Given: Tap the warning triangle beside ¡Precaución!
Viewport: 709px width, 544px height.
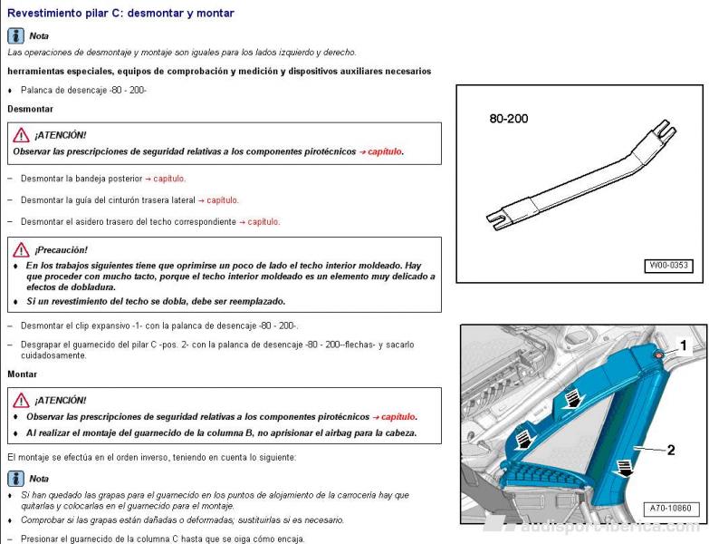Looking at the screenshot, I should point(21,249).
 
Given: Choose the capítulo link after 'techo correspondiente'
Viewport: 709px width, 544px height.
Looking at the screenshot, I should point(263,221).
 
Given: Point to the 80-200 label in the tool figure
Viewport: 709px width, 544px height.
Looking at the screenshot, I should point(508,119).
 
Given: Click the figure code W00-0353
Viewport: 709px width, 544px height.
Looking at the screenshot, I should point(667,266).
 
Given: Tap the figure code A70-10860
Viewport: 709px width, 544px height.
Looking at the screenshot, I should point(669,509).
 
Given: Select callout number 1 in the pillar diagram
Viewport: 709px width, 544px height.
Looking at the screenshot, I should point(684,345).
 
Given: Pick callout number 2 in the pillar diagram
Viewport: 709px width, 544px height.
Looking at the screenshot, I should point(671,450).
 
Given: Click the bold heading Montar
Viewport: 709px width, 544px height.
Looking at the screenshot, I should point(23,374).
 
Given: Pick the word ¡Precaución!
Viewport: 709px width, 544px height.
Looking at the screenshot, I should point(62,249).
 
